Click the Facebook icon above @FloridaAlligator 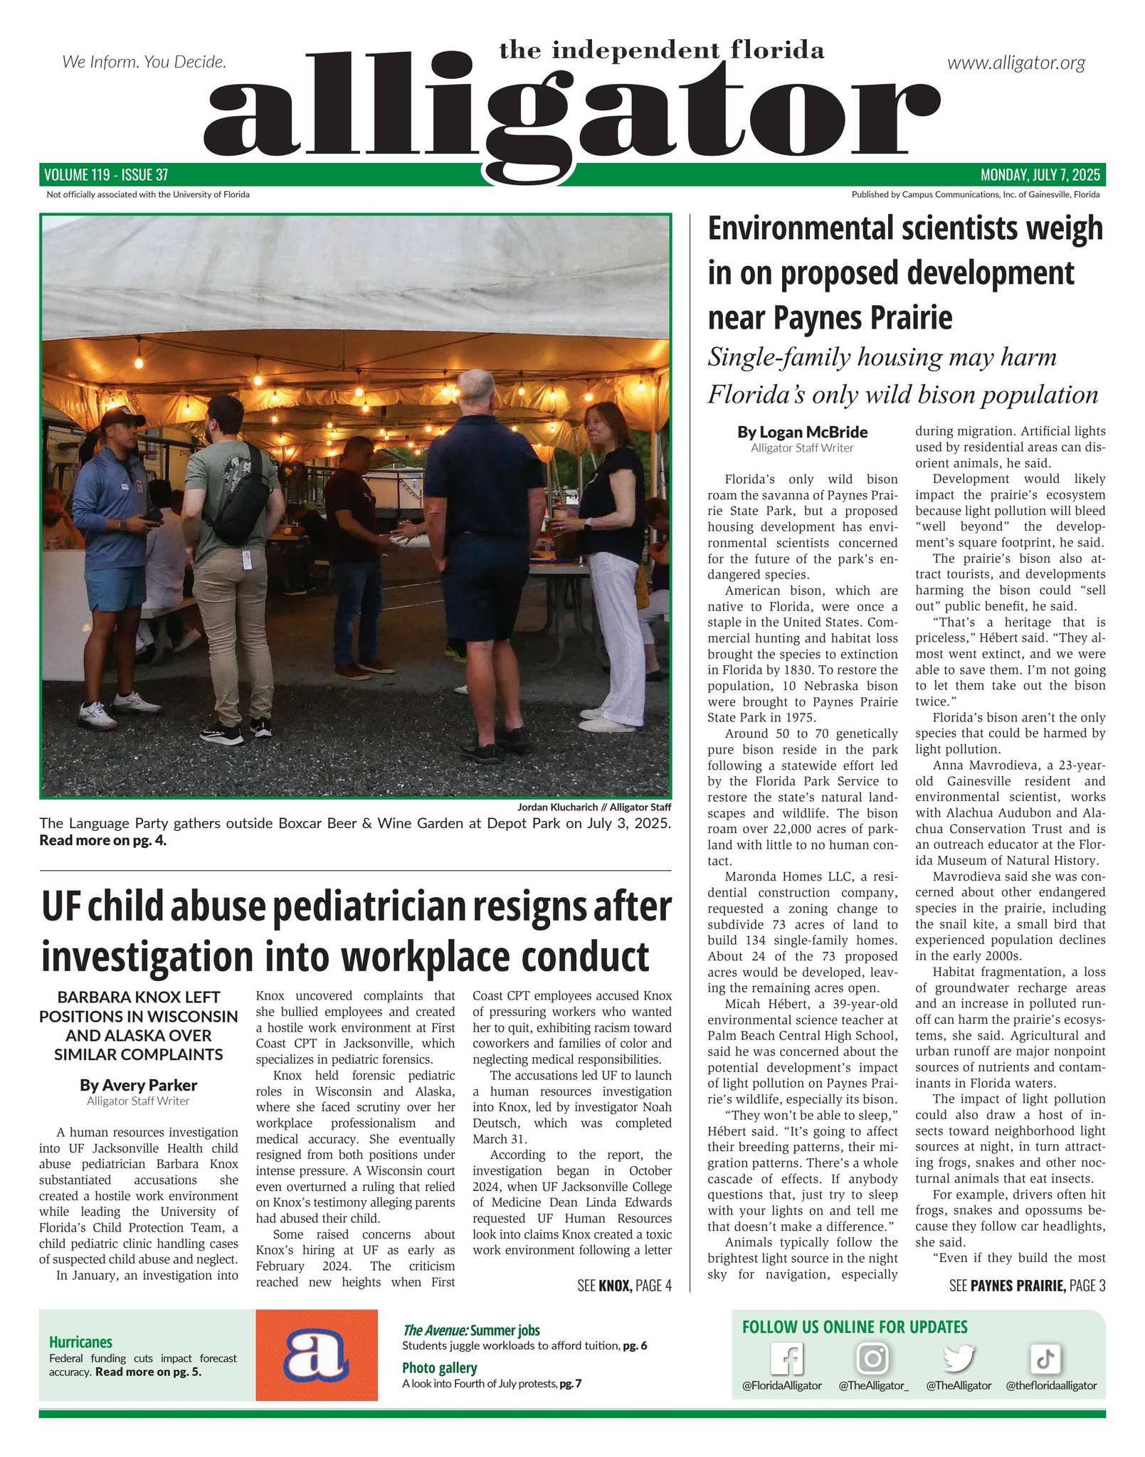point(786,1359)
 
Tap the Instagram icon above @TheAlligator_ point(872,1358)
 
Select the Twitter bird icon point(958,1358)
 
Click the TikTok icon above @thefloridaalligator point(1045,1359)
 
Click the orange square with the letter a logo point(316,1355)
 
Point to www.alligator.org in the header point(1015,63)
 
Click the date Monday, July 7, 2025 point(1040,174)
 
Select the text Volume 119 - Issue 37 point(106,174)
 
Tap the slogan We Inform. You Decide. point(144,62)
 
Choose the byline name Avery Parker point(138,1085)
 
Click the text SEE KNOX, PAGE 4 point(624,1286)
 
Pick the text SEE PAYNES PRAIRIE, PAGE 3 point(1027,1286)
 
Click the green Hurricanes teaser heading point(80,1342)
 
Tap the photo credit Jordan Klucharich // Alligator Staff point(593,807)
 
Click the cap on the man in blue point(122,418)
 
